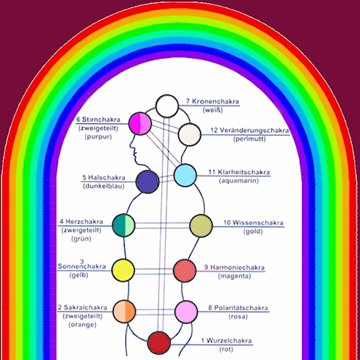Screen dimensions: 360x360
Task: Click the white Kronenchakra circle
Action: tap(167, 106)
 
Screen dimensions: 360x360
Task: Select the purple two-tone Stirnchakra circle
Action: tap(140, 123)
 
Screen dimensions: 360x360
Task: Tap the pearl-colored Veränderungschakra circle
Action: tap(189, 135)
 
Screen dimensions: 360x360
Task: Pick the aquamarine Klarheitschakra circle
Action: tap(185, 175)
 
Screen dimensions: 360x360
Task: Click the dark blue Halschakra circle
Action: tap(147, 182)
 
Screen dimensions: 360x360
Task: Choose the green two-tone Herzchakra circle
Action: tap(124, 225)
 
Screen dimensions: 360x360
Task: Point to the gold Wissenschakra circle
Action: tap(201, 226)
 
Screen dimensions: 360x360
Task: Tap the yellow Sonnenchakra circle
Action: tap(123, 271)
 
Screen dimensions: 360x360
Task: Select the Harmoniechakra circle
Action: tap(185, 271)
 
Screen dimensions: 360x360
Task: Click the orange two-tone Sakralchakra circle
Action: tap(124, 312)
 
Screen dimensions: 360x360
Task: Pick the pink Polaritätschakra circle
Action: tap(186, 312)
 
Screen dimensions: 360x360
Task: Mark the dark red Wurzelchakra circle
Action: tap(159, 342)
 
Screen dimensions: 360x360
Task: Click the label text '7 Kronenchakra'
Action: tap(213, 101)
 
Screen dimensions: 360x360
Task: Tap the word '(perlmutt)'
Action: tap(249, 139)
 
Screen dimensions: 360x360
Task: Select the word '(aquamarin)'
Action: tap(238, 181)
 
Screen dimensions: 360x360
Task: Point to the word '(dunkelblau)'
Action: tap(103, 186)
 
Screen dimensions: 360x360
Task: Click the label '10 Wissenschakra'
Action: tap(254, 223)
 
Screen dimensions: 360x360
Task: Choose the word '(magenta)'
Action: tap(235, 276)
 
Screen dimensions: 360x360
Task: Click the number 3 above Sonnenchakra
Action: tap(82, 262)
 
